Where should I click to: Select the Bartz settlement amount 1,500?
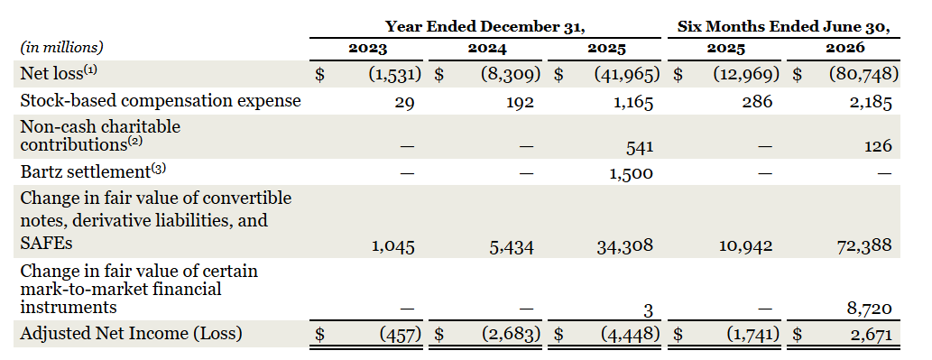point(632,173)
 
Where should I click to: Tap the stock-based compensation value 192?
point(520,102)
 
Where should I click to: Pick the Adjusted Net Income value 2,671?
point(871,335)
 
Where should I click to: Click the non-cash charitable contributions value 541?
point(640,145)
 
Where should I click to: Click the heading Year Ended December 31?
point(485,27)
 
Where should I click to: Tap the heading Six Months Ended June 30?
point(784,27)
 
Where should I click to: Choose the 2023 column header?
point(367,48)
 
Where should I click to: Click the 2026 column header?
point(845,48)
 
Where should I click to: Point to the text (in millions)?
point(62,47)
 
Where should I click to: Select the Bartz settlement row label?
point(93,171)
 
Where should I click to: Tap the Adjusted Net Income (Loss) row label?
point(132,334)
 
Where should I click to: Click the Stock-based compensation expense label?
point(161,100)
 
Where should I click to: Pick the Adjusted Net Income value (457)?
point(401,335)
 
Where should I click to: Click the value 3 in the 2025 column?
point(648,310)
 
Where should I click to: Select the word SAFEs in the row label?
point(46,243)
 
